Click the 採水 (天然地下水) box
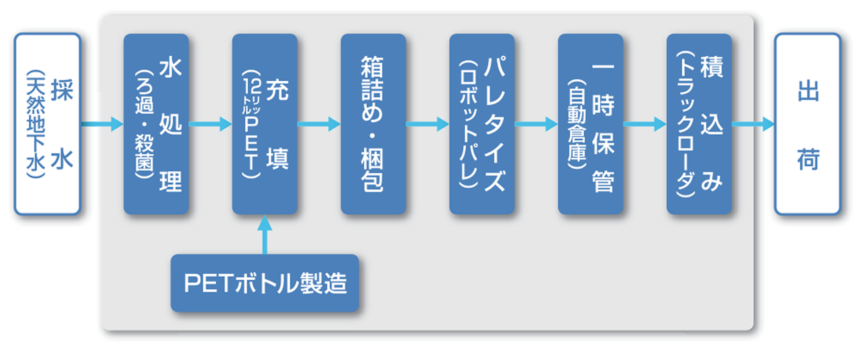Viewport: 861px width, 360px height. pyautogui.click(x=48, y=124)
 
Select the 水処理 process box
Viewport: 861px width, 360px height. pyautogui.click(x=156, y=124)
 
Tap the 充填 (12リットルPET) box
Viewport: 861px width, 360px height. pyautogui.click(x=265, y=124)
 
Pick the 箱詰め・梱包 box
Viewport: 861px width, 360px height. pyautogui.click(x=373, y=124)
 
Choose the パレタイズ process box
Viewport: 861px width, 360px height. pyautogui.click(x=482, y=124)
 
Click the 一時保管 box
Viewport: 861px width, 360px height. pyautogui.click(x=590, y=124)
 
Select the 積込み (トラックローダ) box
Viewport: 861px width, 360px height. pyautogui.click(x=699, y=124)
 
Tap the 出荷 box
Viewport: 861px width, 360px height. pyautogui.click(x=808, y=124)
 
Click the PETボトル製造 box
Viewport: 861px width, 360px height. pyautogui.click(x=265, y=283)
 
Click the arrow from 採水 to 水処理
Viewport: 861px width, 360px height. pyautogui.click(x=102, y=124)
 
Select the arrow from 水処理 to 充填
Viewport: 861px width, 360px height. pyautogui.click(x=210, y=124)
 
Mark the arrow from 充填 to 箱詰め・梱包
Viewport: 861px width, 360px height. pyautogui.click(x=319, y=124)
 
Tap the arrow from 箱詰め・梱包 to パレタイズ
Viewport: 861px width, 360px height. pyautogui.click(x=427, y=124)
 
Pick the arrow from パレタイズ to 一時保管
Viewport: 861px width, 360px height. pyautogui.click(x=536, y=124)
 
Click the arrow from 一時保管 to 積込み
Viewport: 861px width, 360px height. pyautogui.click(x=644, y=124)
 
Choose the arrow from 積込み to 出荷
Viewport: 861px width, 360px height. pyautogui.click(x=753, y=124)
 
